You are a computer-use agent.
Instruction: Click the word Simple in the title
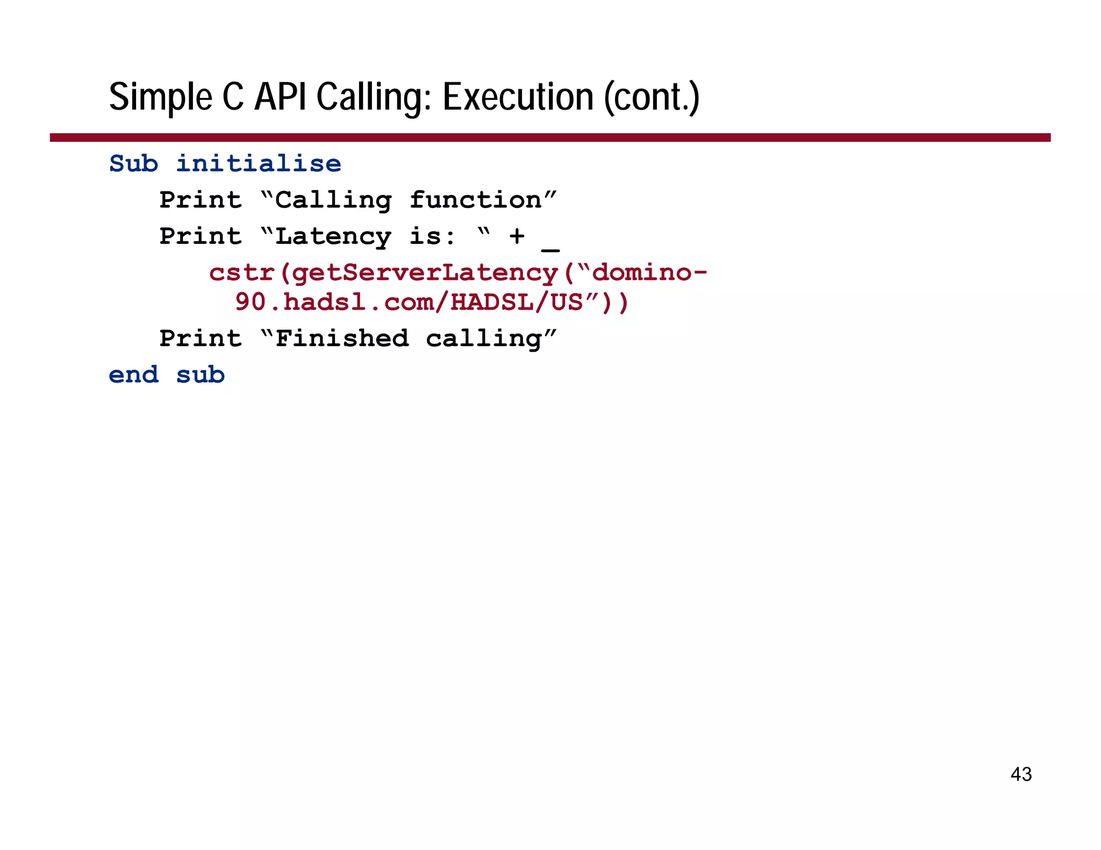pos(161,98)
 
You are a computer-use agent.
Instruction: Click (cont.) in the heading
pos(652,98)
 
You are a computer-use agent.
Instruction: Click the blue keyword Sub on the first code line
pos(133,163)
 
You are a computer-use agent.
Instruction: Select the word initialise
pos(259,163)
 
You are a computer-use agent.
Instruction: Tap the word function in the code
pos(475,200)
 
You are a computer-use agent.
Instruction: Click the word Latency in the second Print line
pos(333,236)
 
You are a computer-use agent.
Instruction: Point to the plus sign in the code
pos(517,236)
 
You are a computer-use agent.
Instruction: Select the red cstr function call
pos(242,273)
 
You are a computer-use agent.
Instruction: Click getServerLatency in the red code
pos(425,273)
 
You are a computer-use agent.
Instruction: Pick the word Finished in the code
pos(342,338)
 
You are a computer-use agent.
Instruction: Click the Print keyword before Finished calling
pos(201,338)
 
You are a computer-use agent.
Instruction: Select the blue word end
pos(133,375)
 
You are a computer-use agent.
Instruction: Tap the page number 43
pos(1021,774)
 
